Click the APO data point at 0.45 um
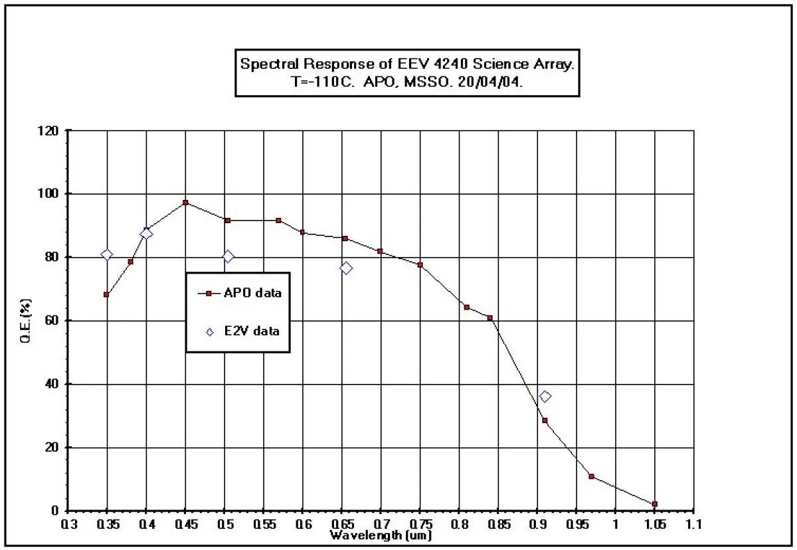(x=186, y=203)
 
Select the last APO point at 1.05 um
(x=655, y=504)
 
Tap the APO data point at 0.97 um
(x=591, y=476)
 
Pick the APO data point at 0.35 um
(x=107, y=294)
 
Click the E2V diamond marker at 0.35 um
(x=107, y=254)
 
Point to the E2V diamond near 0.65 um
(x=346, y=268)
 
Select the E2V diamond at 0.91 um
(x=545, y=397)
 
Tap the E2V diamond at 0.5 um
(x=228, y=256)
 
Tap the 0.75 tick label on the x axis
(x=420, y=525)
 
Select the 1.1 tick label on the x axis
(x=693, y=525)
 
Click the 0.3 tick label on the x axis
(x=69, y=525)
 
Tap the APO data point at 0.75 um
(x=420, y=265)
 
